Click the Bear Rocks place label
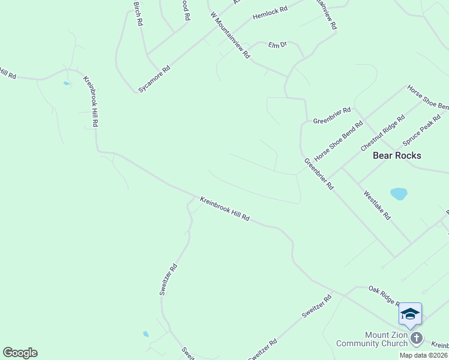[397, 155]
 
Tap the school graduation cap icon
[410, 314]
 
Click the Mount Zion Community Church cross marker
[417, 339]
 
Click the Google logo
[20, 353]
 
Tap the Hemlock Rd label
[270, 13]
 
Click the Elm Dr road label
[278, 44]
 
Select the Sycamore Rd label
[154, 79]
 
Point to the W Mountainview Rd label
[230, 35]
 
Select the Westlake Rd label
[376, 205]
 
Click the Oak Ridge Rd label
[384, 296]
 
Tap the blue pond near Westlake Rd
[399, 194]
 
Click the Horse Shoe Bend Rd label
[339, 142]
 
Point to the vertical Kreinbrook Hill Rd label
[91, 101]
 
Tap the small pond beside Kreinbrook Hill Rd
[66, 83]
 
